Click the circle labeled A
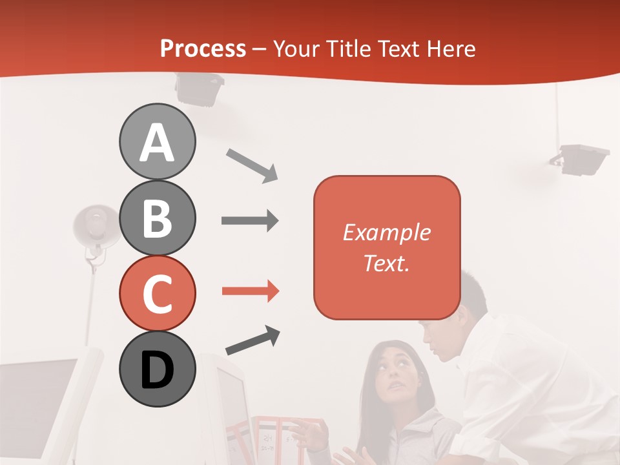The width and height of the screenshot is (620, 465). point(157,141)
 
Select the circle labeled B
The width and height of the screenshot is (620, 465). point(157,218)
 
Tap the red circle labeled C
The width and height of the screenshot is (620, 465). point(157,293)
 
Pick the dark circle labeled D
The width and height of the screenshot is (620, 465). point(157,369)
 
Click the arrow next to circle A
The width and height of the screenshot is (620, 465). point(252,165)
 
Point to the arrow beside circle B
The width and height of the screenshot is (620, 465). point(250,221)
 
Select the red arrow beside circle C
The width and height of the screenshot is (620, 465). point(250,292)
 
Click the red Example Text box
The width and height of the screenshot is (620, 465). point(387,247)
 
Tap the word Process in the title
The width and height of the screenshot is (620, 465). point(203,49)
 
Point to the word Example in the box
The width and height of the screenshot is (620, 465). point(386,232)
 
